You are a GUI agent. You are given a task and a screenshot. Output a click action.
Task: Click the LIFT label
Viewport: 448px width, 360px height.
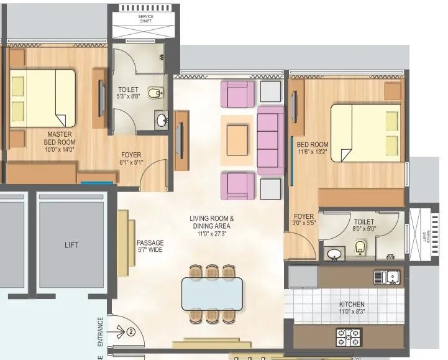point(72,245)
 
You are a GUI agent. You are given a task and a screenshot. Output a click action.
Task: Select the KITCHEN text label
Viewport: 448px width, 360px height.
point(352,305)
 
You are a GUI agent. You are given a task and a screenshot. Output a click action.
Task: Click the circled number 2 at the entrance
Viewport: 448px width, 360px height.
point(131,331)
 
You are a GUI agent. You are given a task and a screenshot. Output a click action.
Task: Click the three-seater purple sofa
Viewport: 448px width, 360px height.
point(270,136)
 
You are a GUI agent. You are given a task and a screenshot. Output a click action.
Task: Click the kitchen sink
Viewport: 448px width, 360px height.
point(388,276)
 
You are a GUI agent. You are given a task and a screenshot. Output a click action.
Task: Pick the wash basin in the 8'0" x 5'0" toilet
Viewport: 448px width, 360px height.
point(334,254)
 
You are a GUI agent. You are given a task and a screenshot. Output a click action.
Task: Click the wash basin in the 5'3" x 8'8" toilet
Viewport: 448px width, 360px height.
point(162,120)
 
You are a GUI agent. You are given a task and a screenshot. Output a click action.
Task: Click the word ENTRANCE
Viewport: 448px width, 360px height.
point(100,333)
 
